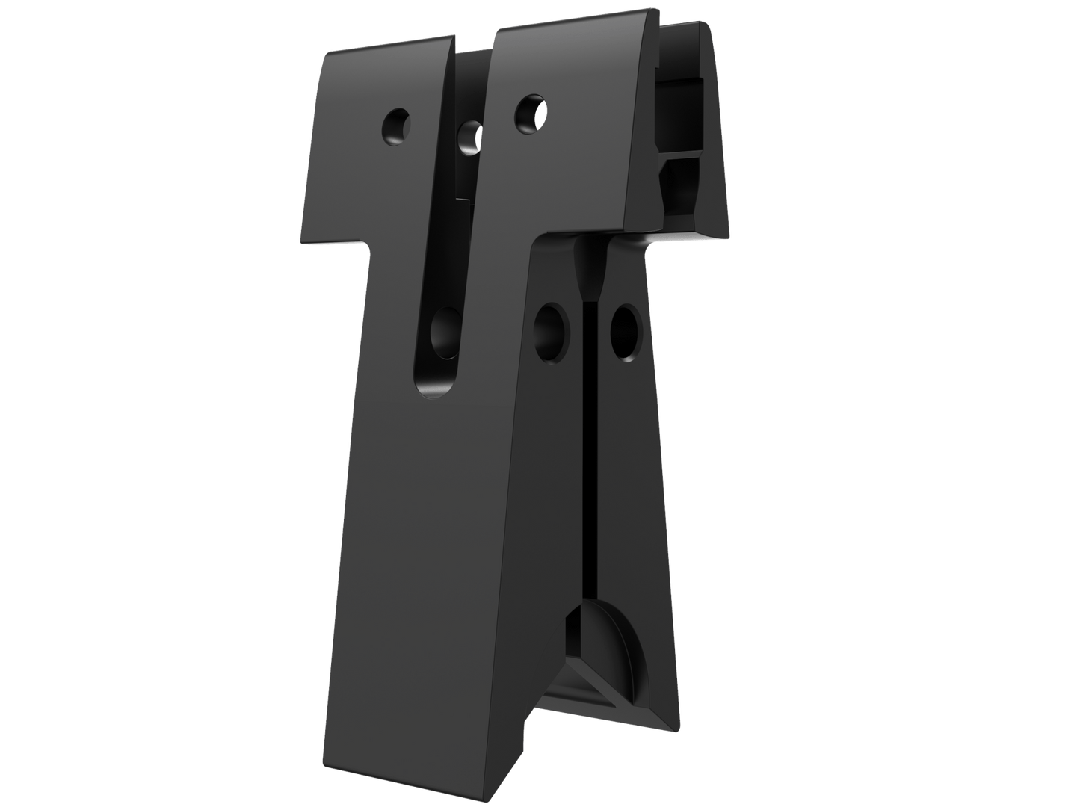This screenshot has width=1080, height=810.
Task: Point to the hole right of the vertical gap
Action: (x=625, y=331)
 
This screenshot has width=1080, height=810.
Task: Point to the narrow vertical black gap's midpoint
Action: (x=590, y=448)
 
